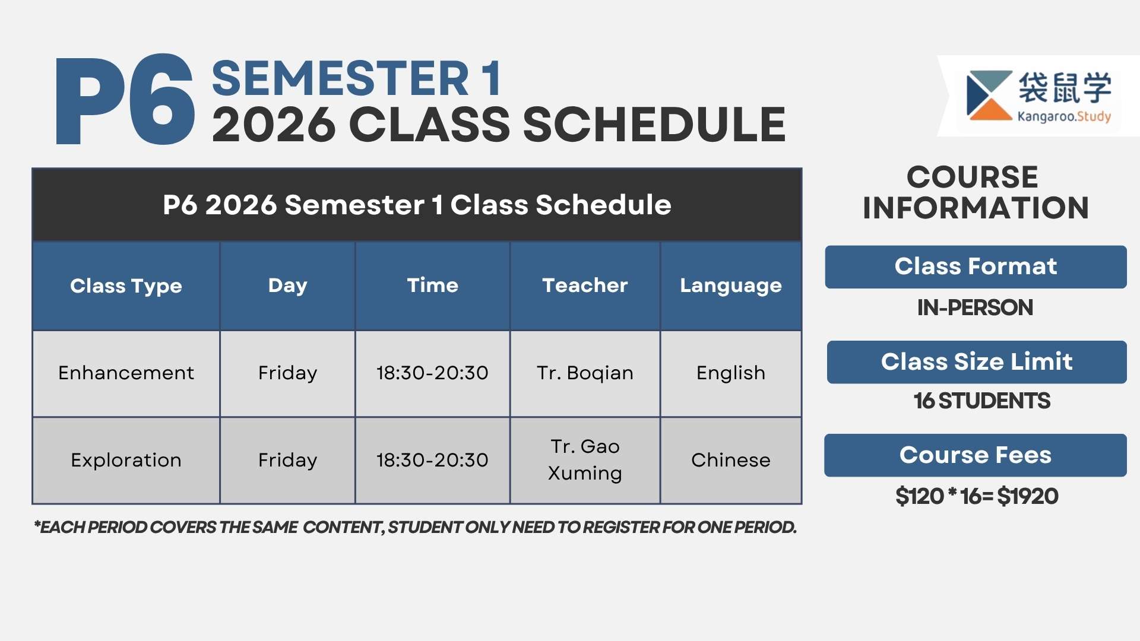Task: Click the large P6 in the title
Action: (x=125, y=99)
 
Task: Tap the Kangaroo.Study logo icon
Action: (x=989, y=96)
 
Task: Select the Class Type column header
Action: (x=126, y=286)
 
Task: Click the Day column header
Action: (x=287, y=286)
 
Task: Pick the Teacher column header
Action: (x=585, y=286)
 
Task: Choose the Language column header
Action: (x=731, y=286)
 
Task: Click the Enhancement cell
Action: (x=126, y=373)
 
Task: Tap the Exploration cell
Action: (x=126, y=461)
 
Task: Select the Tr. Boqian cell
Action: (x=585, y=373)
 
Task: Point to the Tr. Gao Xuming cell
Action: (x=585, y=460)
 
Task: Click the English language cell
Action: (x=731, y=373)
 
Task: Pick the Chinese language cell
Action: (x=731, y=461)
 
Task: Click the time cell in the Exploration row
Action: (x=432, y=461)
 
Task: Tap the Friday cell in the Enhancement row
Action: (x=287, y=373)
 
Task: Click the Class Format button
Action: (x=976, y=267)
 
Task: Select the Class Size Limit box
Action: (x=977, y=362)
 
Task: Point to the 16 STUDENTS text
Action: (x=982, y=401)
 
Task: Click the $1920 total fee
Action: (x=1028, y=496)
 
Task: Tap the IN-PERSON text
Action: (x=975, y=307)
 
